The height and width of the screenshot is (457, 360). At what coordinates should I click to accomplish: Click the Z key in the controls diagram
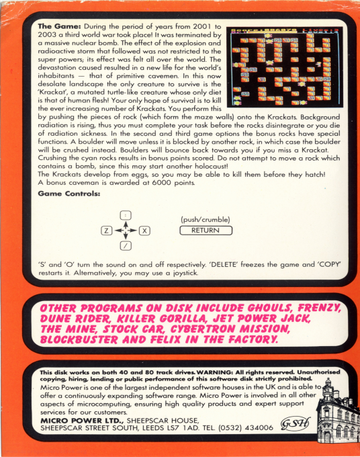[105, 231]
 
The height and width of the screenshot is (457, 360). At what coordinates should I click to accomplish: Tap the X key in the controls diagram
[144, 231]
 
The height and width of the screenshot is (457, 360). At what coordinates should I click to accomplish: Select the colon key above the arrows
[125, 214]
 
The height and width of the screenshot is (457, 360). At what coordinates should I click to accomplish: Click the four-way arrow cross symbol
[125, 231]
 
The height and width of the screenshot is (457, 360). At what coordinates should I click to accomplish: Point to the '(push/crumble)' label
[206, 220]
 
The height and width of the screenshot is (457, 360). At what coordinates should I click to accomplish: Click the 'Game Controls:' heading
[69, 194]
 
